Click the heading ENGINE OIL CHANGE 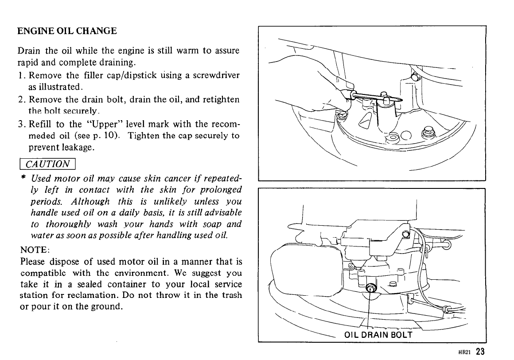[x=67, y=31]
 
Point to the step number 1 [x=23, y=74]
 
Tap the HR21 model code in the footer [x=464, y=353]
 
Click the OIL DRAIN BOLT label [x=378, y=335]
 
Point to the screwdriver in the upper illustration [x=377, y=97]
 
